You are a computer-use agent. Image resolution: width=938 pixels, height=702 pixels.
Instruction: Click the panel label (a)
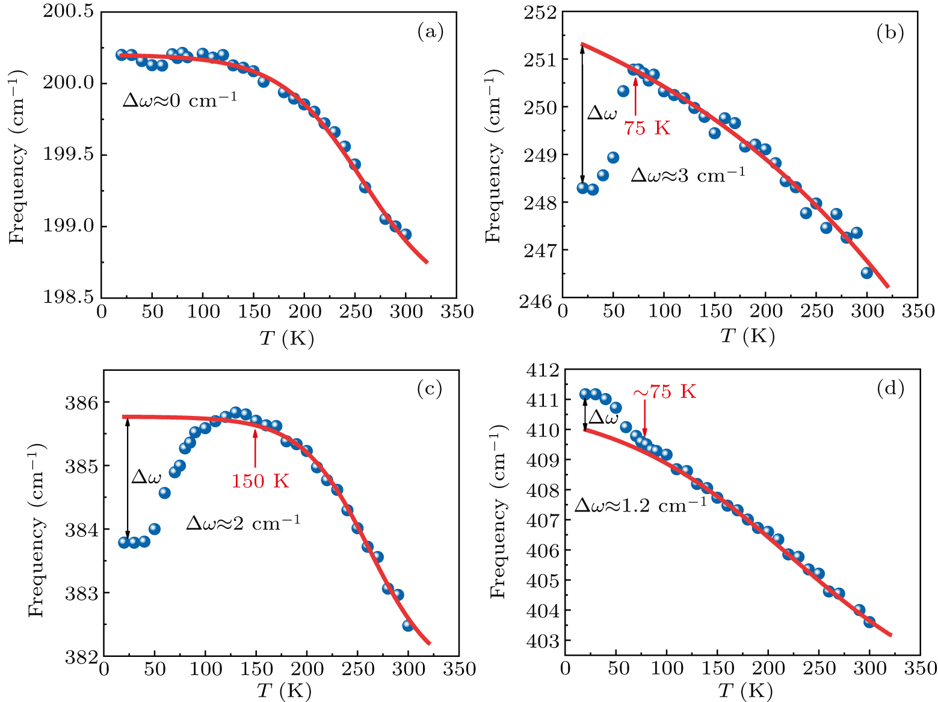[x=430, y=32]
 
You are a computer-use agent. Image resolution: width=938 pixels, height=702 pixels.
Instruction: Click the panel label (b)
[x=890, y=33]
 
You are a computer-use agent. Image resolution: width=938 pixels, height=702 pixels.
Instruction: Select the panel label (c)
[x=430, y=389]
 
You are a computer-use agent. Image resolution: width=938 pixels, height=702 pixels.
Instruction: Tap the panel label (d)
[x=890, y=389]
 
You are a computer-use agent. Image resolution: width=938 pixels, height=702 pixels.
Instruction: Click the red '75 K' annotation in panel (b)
[x=647, y=128]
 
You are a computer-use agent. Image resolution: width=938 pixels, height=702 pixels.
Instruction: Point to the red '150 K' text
[x=260, y=481]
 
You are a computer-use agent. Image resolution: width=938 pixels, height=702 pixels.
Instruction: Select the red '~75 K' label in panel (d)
[x=664, y=392]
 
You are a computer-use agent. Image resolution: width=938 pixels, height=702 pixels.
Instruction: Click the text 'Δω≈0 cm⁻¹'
[x=179, y=100]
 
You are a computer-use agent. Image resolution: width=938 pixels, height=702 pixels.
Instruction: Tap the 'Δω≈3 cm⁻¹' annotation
[x=687, y=175]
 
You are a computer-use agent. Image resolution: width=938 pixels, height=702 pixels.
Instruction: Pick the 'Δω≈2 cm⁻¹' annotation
[x=242, y=523]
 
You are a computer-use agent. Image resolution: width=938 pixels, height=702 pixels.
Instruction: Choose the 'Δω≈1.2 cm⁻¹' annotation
[x=640, y=505]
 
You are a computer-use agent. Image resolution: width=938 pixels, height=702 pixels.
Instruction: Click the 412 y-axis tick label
[x=542, y=370]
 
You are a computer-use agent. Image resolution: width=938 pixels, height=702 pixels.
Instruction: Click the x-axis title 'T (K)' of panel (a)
[x=286, y=339]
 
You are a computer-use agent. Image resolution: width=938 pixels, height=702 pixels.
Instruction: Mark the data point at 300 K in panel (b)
[x=867, y=273]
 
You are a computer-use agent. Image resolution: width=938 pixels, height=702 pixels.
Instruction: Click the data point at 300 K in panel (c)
[x=408, y=625]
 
